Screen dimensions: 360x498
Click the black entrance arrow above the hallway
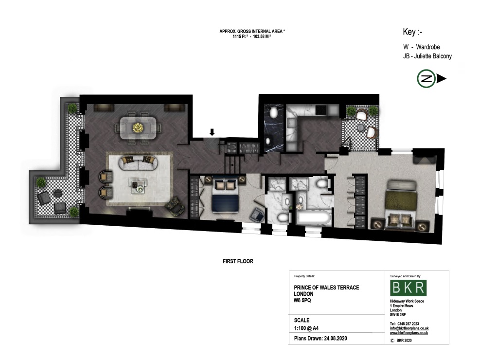(x=212, y=132)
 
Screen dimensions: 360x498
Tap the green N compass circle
(x=426, y=79)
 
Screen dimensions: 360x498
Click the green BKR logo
(x=409, y=288)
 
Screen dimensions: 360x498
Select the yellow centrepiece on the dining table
(x=138, y=127)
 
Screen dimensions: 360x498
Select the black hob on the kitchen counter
(x=320, y=110)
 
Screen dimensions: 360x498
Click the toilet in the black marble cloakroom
(x=274, y=113)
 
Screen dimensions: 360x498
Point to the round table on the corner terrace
(x=57, y=194)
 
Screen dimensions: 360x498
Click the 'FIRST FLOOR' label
(x=238, y=261)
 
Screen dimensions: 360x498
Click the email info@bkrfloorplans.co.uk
(x=409, y=328)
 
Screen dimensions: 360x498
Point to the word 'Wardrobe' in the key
(x=428, y=47)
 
